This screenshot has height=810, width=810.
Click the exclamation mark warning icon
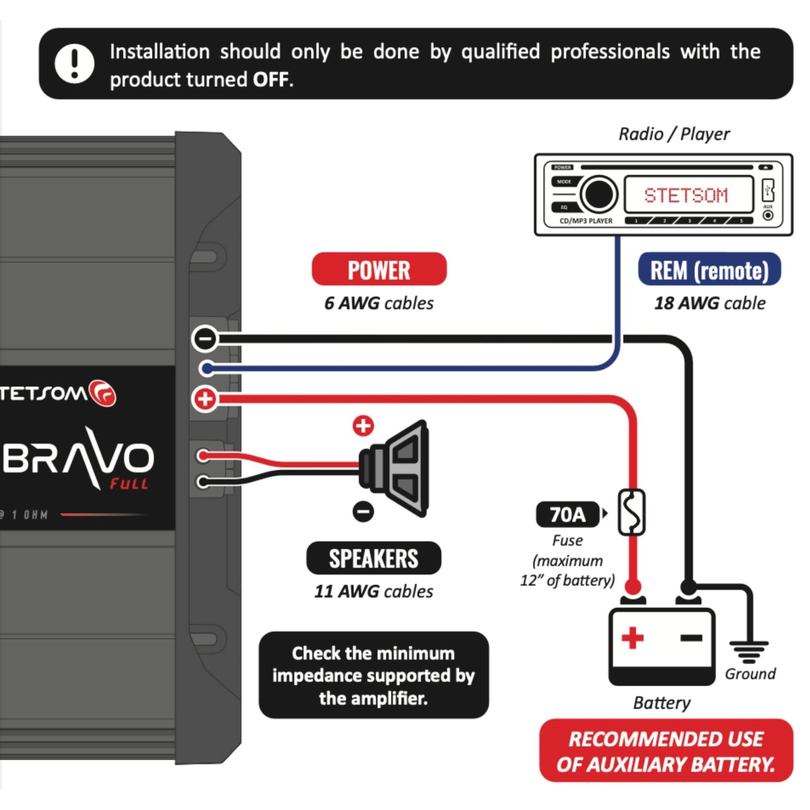pyautogui.click(x=74, y=64)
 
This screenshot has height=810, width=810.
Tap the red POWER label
pyautogui.click(x=379, y=270)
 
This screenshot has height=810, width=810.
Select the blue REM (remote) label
pyautogui.click(x=709, y=270)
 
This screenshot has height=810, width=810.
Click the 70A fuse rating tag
pyautogui.click(x=567, y=514)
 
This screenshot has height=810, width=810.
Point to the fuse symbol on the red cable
pyautogui.click(x=632, y=512)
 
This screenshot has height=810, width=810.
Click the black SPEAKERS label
pyautogui.click(x=373, y=558)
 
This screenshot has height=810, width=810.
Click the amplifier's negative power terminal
pyautogui.click(x=205, y=339)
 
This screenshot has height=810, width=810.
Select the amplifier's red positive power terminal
pyautogui.click(x=205, y=399)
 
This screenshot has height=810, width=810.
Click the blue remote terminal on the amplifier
pyautogui.click(x=207, y=368)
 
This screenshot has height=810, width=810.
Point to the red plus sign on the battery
pyautogui.click(x=632, y=638)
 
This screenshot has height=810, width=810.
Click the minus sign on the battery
pyautogui.click(x=691, y=638)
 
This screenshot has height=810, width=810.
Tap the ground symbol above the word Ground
pyautogui.click(x=749, y=651)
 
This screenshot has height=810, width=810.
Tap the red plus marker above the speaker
pyautogui.click(x=363, y=425)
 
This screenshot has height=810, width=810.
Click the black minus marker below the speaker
pyautogui.click(x=363, y=511)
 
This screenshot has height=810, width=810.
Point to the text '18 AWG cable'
pyautogui.click(x=710, y=303)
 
